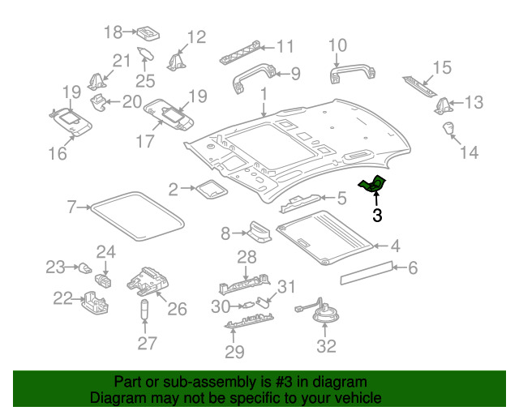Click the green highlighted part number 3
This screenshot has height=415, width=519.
coord(372,184)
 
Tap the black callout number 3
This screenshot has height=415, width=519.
coord(377,215)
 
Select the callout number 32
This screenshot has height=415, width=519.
coord(326,346)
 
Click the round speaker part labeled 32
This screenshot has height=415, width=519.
coord(326,314)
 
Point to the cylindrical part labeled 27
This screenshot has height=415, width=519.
coord(144,310)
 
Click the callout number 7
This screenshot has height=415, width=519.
coord(72,207)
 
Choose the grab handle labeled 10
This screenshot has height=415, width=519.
coord(352,73)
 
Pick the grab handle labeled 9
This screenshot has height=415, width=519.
coord(254,78)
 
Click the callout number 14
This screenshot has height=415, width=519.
coord(470,152)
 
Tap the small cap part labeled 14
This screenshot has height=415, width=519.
coord(448,128)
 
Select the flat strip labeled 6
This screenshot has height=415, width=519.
coord(367,272)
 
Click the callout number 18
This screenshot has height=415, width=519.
coord(114,32)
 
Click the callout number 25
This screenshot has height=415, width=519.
coord(145,81)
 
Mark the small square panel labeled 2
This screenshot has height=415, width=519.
coord(212,190)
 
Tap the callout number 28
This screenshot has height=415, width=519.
coord(247,257)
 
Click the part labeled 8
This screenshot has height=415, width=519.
coord(259,231)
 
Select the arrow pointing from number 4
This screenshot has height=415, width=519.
coord(380,246)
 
